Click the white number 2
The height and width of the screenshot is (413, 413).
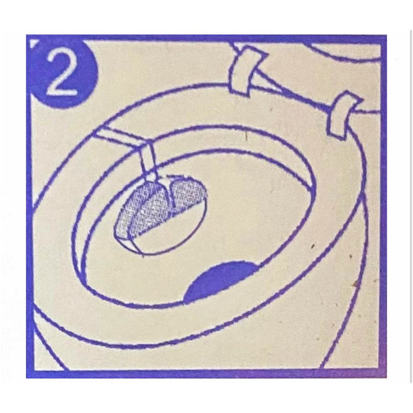pyautogui.click(x=63, y=72)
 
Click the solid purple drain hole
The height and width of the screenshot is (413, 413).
pyautogui.click(x=221, y=281)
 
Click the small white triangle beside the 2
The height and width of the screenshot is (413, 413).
pyautogui.click(x=34, y=44)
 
